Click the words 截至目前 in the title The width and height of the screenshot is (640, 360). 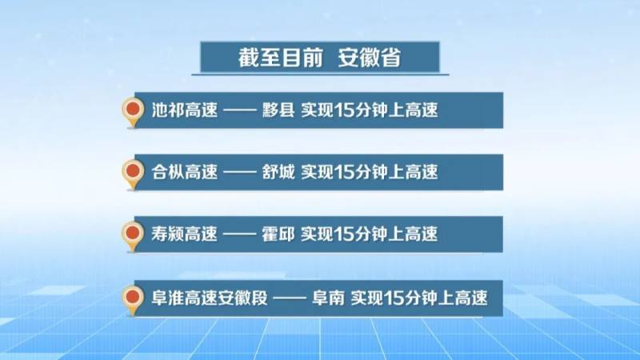pyautogui.click(x=281, y=58)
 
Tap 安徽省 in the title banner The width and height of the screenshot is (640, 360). pyautogui.click(x=370, y=58)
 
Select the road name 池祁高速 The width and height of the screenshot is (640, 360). pyautogui.click(x=185, y=110)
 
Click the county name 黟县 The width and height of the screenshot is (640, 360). pyautogui.click(x=278, y=110)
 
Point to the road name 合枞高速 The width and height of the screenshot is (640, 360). pyautogui.click(x=185, y=172)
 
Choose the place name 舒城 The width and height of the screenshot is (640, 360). pyautogui.click(x=278, y=172)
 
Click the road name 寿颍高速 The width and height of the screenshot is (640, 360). pyautogui.click(x=185, y=234)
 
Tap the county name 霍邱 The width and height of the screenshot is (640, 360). pyautogui.click(x=278, y=234)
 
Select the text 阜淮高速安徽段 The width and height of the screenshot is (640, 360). pyautogui.click(x=210, y=298)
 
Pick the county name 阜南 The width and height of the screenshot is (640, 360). pyautogui.click(x=328, y=298)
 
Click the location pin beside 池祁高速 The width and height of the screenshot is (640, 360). pyautogui.click(x=133, y=113)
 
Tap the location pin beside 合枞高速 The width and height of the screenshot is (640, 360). pyautogui.click(x=133, y=174)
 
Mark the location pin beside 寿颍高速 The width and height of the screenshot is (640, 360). pyautogui.click(x=133, y=237)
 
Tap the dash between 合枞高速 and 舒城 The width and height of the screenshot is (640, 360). pyautogui.click(x=240, y=172)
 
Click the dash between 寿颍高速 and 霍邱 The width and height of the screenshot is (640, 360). pyautogui.click(x=240, y=234)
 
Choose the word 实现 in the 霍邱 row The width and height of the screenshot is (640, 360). pyautogui.click(x=318, y=234)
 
